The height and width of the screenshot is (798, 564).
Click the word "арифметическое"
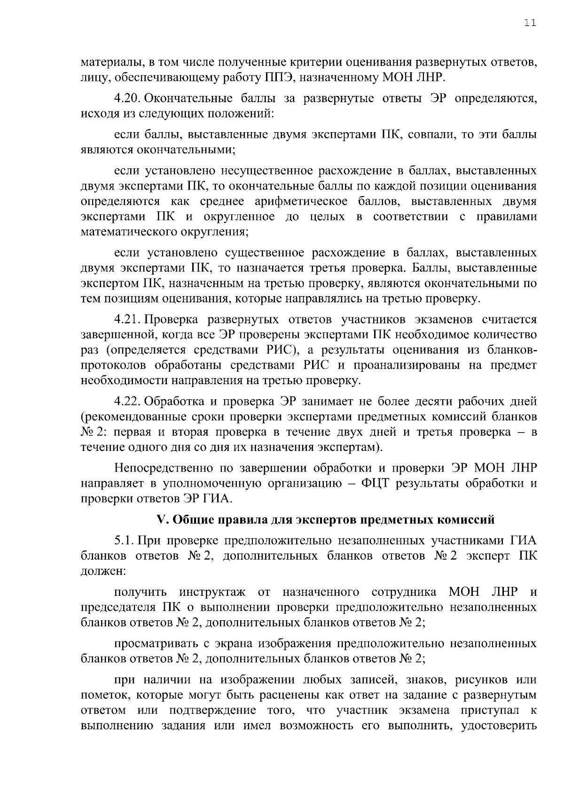tap(301, 202)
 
